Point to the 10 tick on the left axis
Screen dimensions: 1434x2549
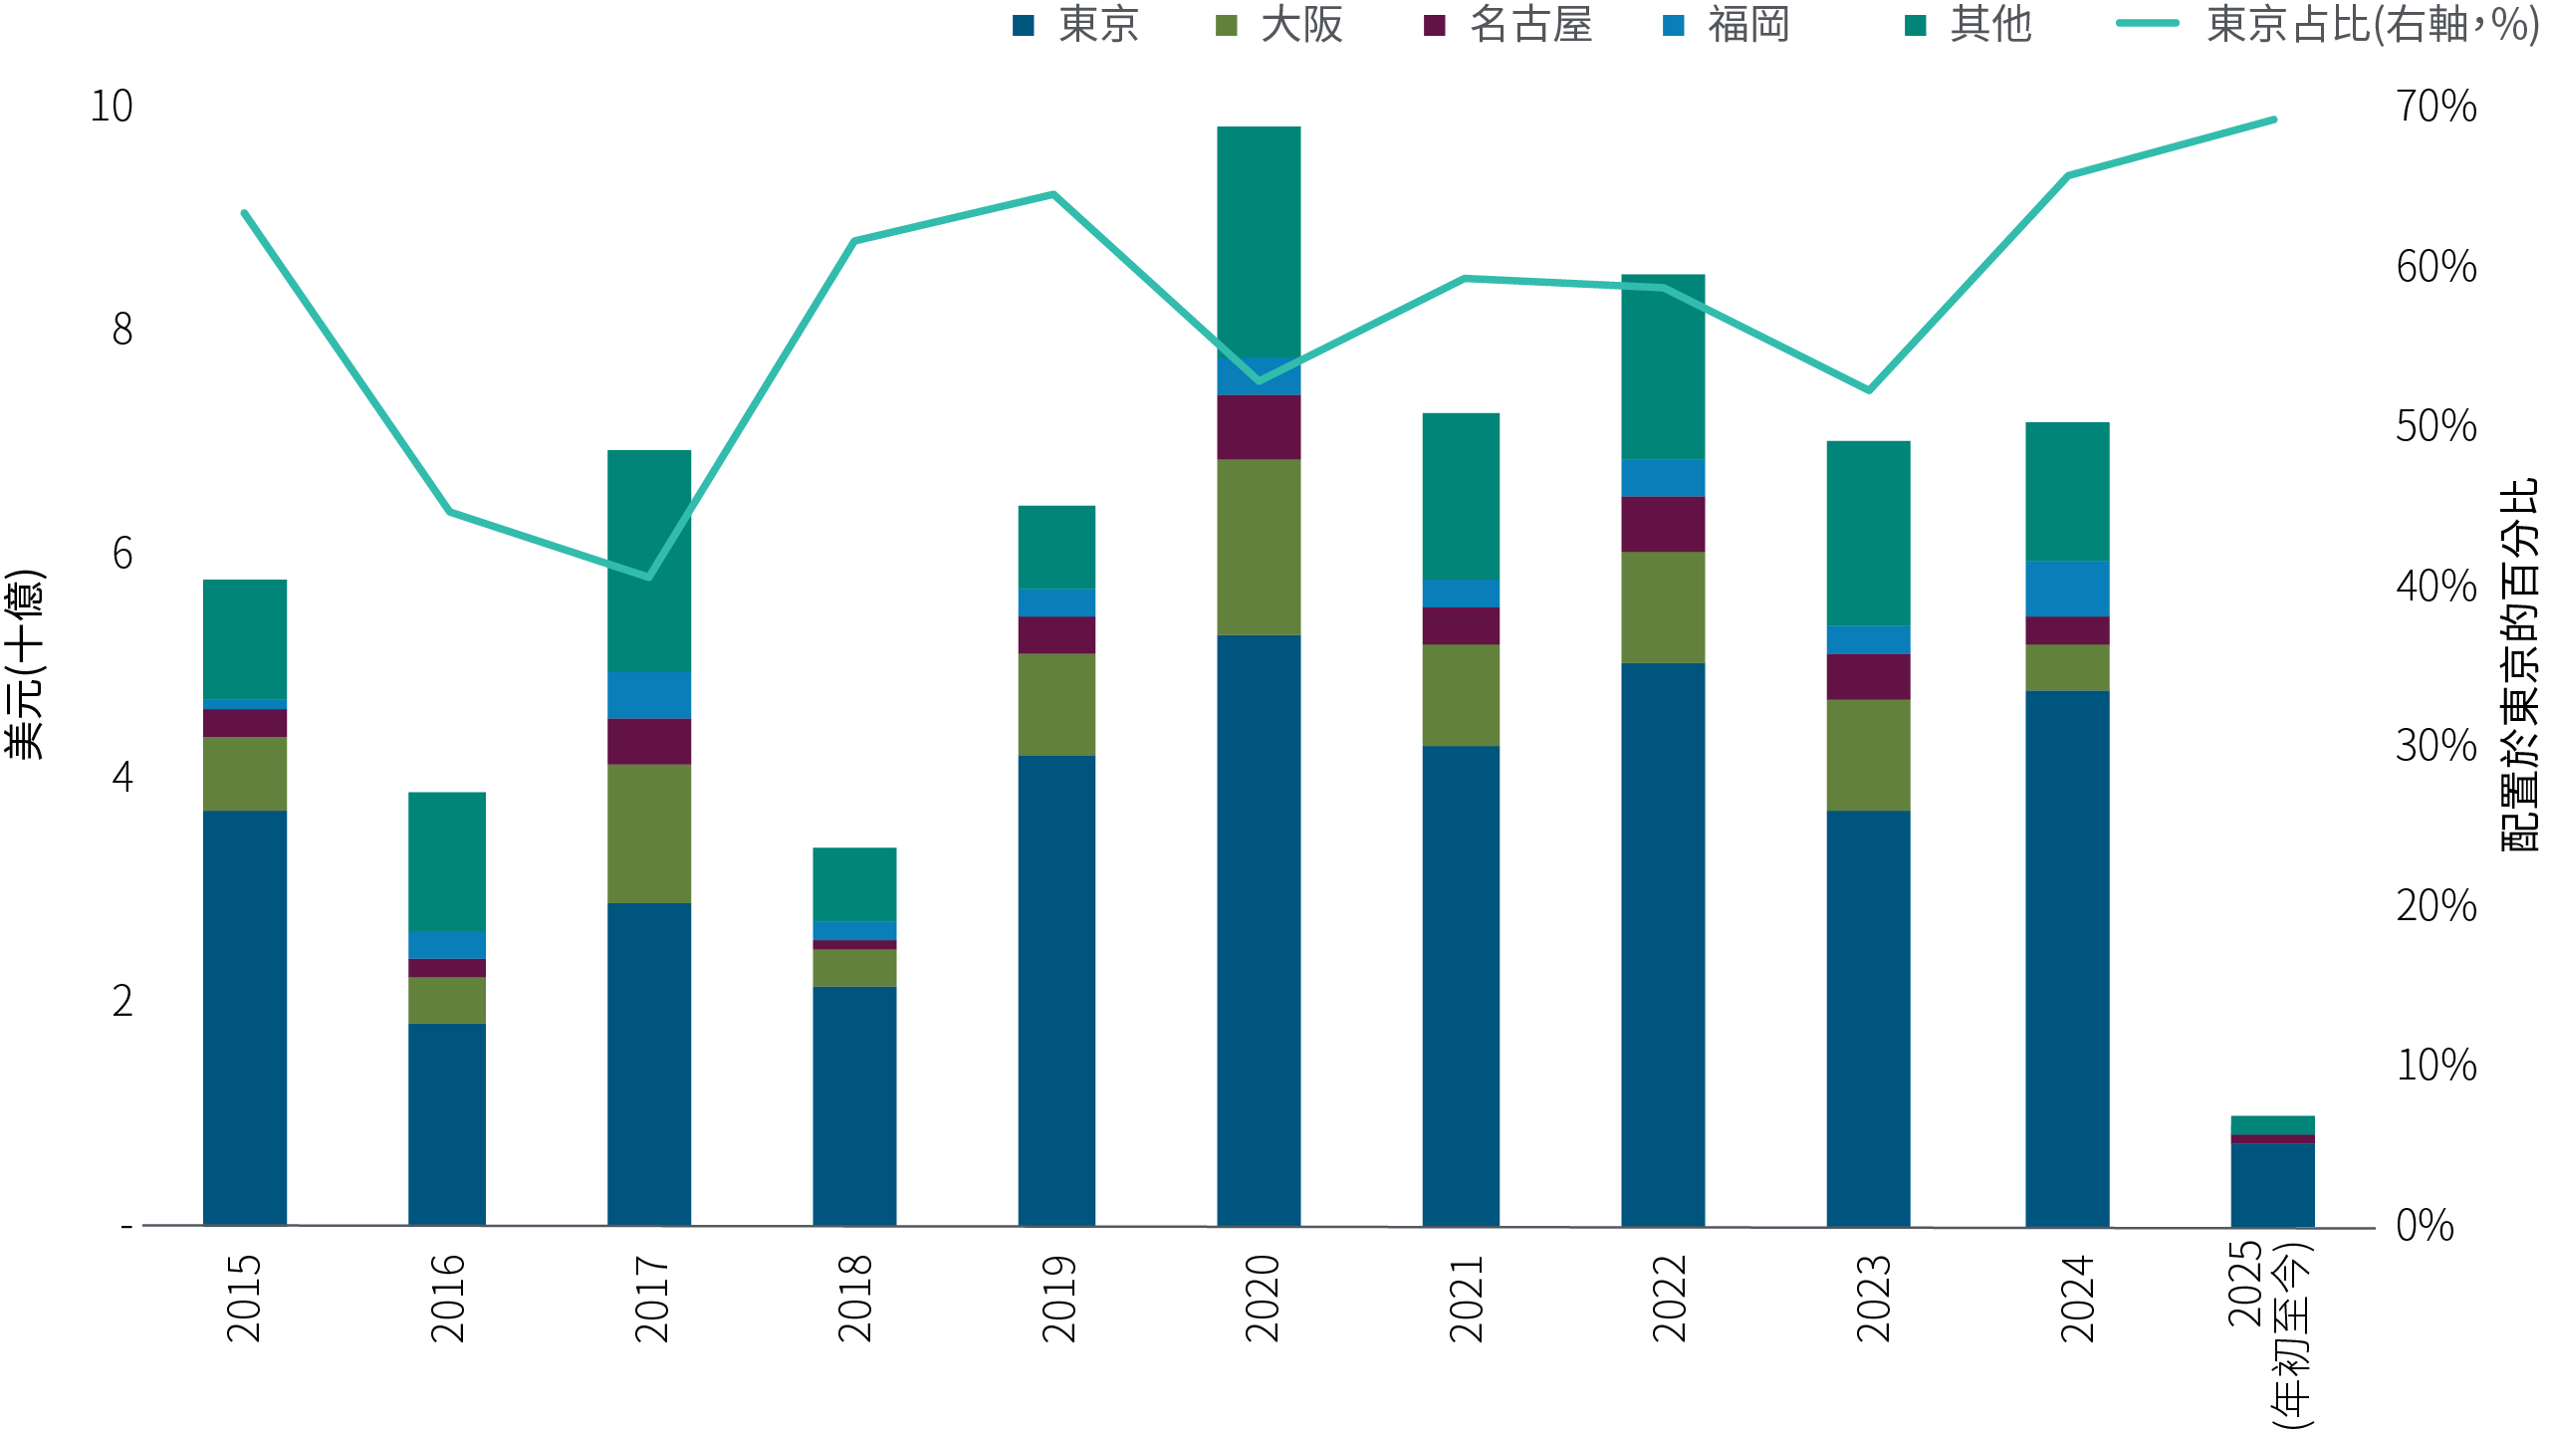112,107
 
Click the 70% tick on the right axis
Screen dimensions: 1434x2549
2435,107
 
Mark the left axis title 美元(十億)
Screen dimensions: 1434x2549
24,664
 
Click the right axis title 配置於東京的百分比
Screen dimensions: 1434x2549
2520,664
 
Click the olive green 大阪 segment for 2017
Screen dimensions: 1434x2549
649,834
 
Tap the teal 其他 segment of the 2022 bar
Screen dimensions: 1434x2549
1663,366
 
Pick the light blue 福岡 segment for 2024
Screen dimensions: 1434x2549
2067,589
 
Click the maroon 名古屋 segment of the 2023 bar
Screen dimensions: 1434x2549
1868,676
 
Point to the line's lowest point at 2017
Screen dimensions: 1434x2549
649,577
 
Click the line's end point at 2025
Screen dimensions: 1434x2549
2273,119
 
